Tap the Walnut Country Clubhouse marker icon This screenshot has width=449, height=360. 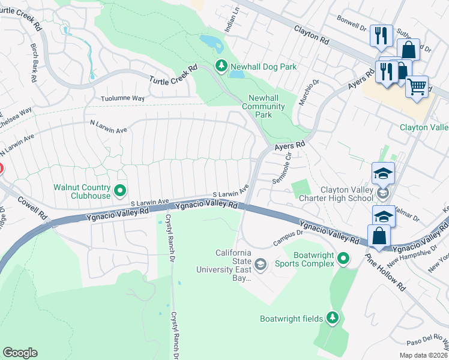120,191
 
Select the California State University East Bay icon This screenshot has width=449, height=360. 261,264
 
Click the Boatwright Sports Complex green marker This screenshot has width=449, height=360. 343,259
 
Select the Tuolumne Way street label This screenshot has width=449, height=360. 123,98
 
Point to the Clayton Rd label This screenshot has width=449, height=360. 312,34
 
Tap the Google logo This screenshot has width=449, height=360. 20,353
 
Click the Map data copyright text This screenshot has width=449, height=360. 423,355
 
